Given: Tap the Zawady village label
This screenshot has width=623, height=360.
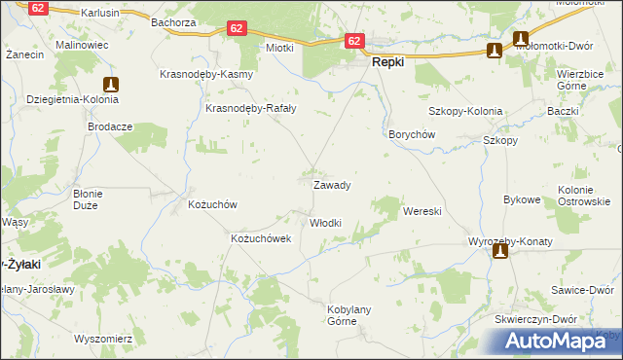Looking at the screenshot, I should pos(331,184).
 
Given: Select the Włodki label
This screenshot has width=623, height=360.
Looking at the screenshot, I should pos(325,223).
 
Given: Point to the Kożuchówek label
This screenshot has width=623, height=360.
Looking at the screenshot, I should pos(261,238).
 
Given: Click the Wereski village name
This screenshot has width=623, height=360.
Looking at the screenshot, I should pos(422,210).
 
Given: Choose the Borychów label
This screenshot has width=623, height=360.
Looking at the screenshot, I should pos(411,135).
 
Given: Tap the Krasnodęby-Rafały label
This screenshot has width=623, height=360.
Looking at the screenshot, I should pos(251,109).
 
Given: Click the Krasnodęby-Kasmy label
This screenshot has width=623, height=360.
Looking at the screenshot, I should pos(206,75).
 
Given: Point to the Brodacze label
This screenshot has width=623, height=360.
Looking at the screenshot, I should pos(110,126).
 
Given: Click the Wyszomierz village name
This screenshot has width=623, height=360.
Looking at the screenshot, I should pos(103,340).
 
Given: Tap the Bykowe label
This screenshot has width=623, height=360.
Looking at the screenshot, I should pos(522,199).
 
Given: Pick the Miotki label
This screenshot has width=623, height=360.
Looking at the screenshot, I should pos(279,48).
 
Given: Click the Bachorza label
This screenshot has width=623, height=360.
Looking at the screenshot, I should pos(173,21).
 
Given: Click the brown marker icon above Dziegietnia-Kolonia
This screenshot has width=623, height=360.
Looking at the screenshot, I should pos(111,86).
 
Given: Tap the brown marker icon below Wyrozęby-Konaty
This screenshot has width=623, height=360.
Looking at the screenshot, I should pos(500,252).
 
